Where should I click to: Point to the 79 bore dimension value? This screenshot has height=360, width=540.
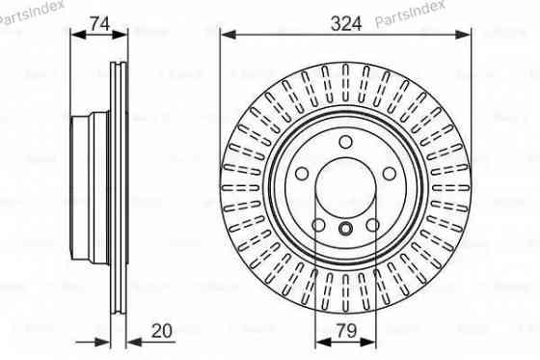(345, 331)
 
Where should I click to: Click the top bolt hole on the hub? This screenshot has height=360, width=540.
(345, 144)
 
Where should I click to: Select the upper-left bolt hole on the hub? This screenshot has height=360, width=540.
(302, 174)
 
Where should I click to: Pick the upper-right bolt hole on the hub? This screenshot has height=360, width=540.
(389, 174)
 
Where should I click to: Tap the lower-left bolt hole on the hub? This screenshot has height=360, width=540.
(319, 226)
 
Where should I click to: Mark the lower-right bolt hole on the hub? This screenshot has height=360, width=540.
(372, 226)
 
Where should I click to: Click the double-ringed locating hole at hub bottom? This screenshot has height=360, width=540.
(345, 229)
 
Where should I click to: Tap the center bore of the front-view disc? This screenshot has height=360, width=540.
(345, 183)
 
